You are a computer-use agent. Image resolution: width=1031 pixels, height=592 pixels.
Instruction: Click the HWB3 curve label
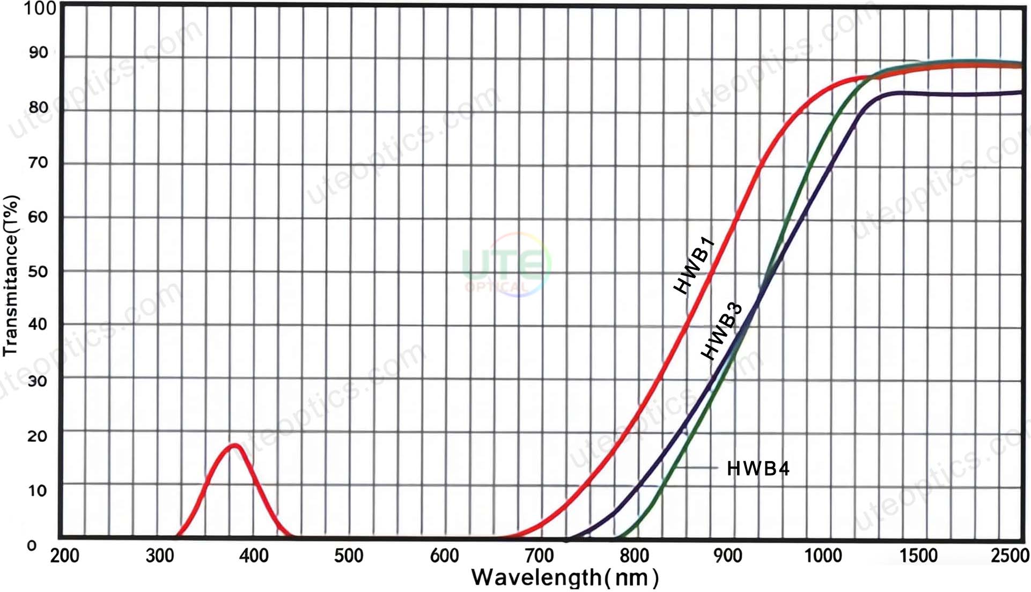tap(722, 331)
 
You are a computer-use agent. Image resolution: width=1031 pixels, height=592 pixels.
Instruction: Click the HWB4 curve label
tap(757, 469)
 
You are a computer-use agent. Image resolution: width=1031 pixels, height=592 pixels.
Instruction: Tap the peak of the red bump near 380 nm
tap(234, 446)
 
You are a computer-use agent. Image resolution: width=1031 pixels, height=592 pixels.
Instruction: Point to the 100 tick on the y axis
tap(40, 9)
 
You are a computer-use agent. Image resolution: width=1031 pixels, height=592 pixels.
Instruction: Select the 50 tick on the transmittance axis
tap(38, 272)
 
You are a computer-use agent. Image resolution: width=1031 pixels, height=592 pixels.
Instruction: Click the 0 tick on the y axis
tap(32, 546)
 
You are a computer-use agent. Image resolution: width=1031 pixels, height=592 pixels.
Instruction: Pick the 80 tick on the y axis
tap(39, 108)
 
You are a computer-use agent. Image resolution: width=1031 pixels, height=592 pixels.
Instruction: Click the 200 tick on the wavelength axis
tap(65, 556)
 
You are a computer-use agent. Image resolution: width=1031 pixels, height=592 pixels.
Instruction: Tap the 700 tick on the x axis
tap(539, 556)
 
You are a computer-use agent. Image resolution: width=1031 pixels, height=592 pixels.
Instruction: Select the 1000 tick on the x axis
tap(823, 556)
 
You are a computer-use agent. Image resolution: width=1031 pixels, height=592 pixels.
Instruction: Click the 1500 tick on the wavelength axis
tap(918, 556)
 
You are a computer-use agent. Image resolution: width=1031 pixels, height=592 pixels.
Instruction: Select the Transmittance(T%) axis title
tap(11, 276)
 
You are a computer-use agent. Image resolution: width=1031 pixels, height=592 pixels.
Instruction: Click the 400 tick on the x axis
tap(254, 556)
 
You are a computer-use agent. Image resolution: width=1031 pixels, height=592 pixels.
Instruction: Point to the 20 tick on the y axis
tap(38, 436)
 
